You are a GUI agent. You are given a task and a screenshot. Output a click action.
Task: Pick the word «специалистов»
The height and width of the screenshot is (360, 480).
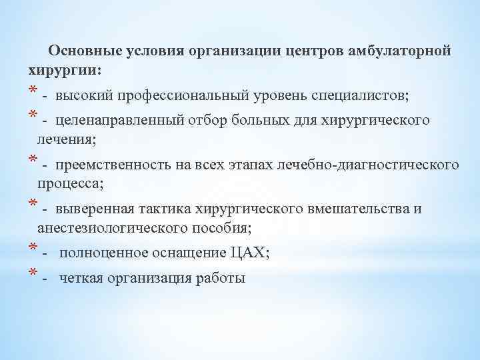click(x=359, y=95)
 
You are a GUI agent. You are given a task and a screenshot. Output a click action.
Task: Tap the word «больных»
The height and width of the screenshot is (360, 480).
click(x=255, y=121)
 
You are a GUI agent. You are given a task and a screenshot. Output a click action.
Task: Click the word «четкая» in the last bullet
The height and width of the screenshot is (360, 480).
click(x=81, y=278)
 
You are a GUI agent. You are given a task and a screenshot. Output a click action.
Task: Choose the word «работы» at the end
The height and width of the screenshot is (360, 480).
click(x=223, y=278)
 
